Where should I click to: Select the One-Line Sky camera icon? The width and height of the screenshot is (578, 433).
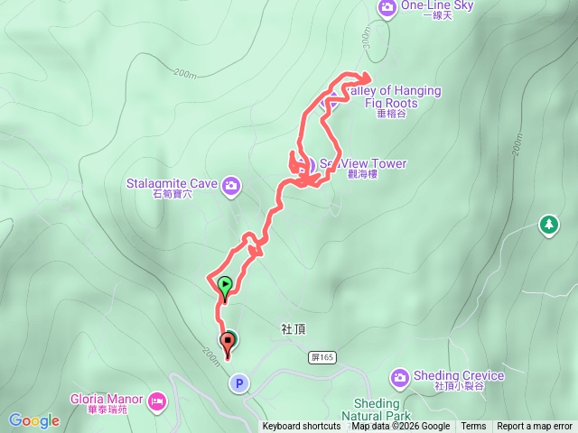pyautogui.click(x=387, y=7)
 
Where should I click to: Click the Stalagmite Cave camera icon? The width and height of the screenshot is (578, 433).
pyautogui.click(x=231, y=185)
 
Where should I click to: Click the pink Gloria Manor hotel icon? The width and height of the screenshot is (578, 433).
pyautogui.click(x=158, y=399)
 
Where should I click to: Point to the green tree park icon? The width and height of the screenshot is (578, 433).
pyautogui.click(x=547, y=224)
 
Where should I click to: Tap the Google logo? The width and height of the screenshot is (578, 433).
pyautogui.click(x=33, y=420)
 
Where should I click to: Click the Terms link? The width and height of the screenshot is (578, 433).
pyautogui.click(x=473, y=427)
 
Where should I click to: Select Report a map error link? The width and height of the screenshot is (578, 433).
pyautogui.click(x=535, y=427)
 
